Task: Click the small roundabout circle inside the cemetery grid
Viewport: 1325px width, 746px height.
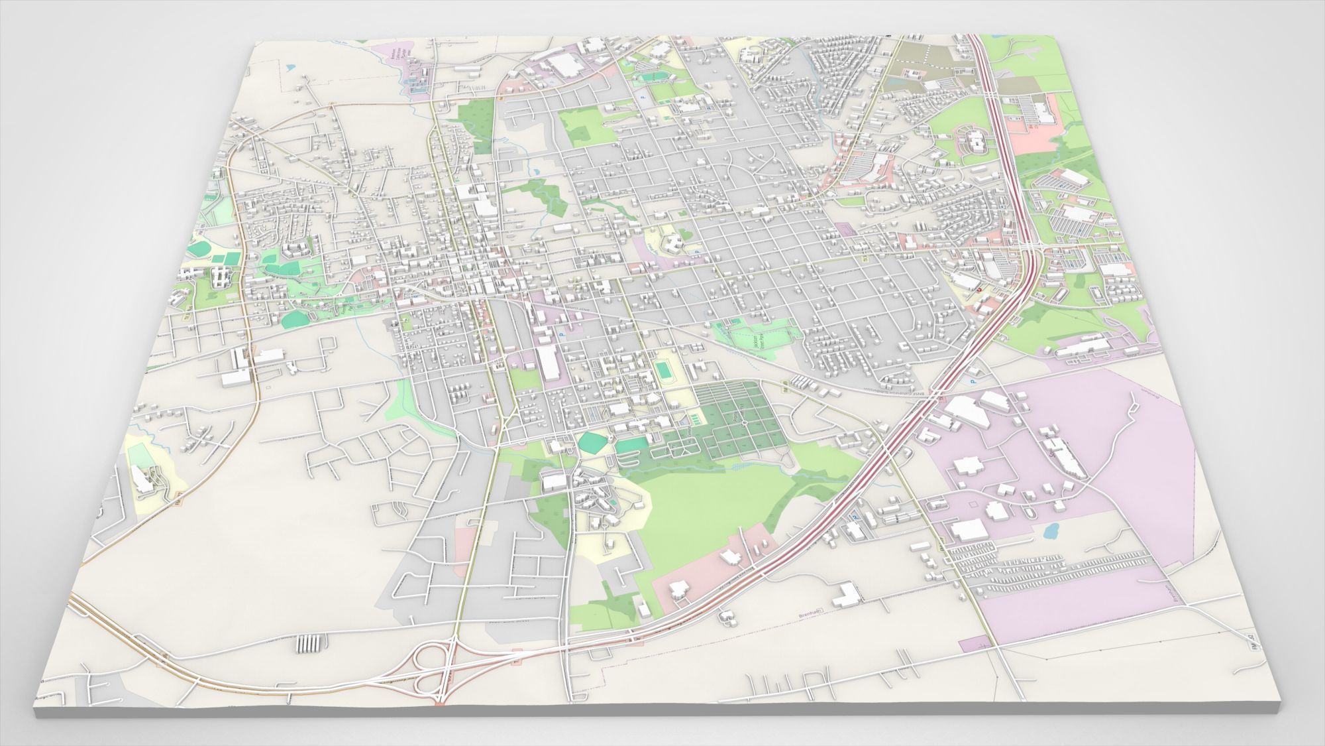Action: tap(744, 422)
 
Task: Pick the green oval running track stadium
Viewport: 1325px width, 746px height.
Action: tap(663, 369)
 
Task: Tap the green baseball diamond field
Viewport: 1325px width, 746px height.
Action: tap(591, 442)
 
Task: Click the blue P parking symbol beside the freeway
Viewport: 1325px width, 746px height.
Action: tap(973, 382)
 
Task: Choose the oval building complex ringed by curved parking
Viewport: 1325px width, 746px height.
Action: tap(972, 141)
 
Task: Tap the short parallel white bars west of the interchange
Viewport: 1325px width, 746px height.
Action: tap(311, 644)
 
